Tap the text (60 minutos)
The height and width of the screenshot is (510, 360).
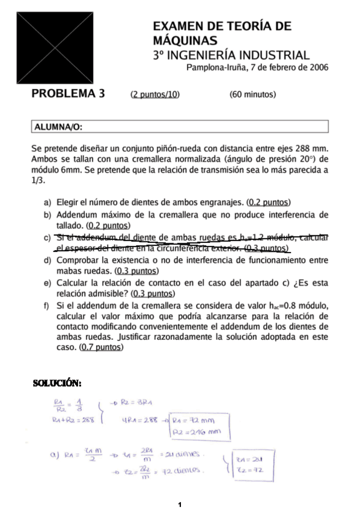coord(252,94)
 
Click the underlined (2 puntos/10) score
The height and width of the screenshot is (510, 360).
coord(155,94)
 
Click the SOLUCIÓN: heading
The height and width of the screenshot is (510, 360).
coord(57,383)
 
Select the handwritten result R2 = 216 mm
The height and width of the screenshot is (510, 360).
coord(197,431)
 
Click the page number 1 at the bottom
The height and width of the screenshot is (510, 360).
coord(180,503)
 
